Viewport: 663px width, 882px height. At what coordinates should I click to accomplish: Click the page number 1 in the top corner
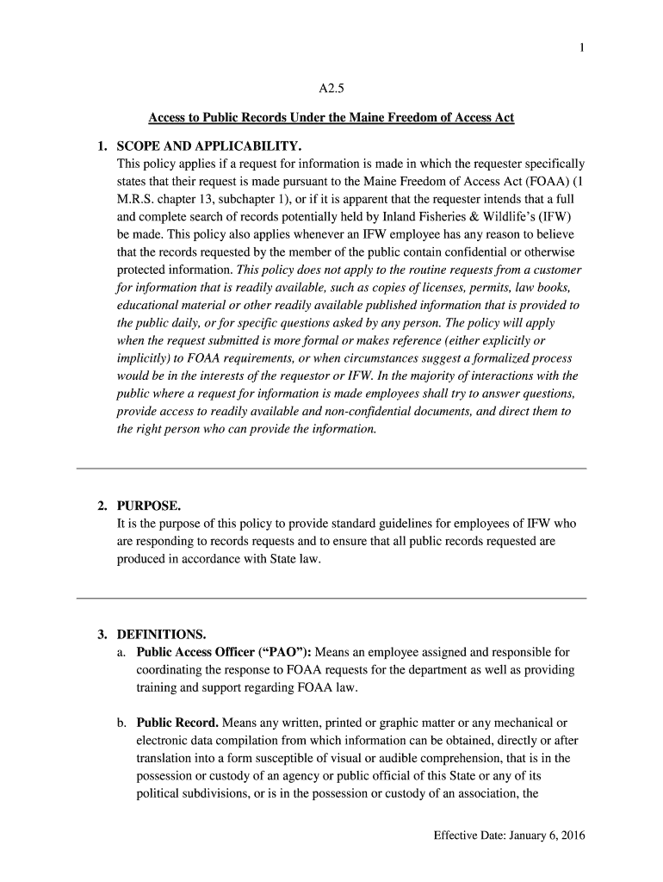click(583, 48)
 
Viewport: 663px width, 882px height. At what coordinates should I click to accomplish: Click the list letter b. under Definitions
click(121, 723)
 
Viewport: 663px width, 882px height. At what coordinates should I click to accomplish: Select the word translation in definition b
click(166, 758)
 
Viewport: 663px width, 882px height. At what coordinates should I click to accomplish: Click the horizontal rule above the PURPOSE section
click(331, 469)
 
